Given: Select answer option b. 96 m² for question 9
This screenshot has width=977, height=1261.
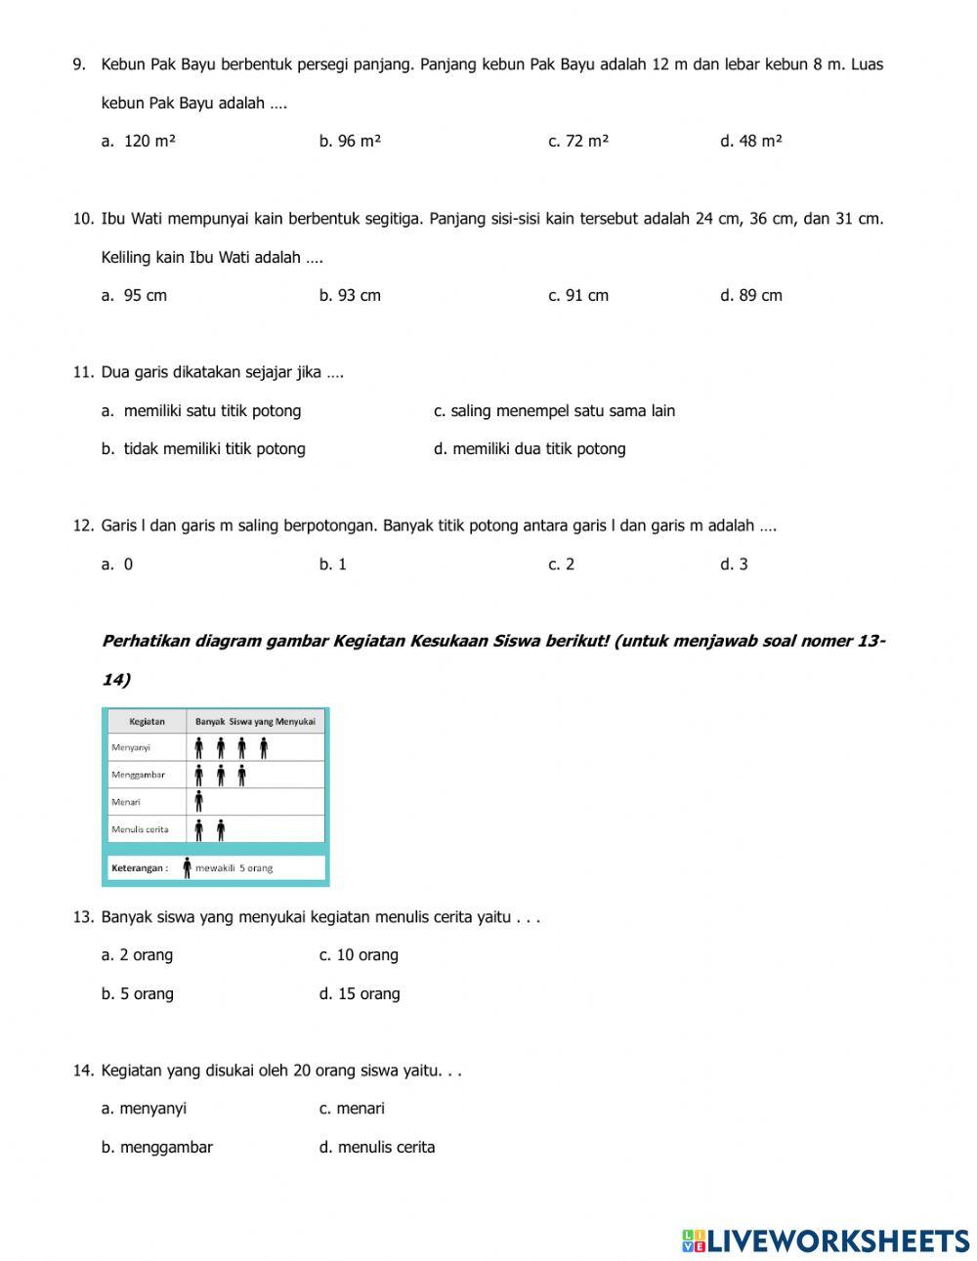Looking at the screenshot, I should pos(350,141).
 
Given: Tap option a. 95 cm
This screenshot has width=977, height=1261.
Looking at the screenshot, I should pos(134,295).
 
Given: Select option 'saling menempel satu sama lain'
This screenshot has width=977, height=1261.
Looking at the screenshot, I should pos(554,410).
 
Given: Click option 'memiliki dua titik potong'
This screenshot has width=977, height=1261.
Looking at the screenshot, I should pos(530,448).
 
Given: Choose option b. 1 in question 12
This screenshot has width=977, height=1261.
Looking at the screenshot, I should pos(333,564).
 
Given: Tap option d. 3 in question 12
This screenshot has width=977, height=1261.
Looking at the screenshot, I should pos(734,564).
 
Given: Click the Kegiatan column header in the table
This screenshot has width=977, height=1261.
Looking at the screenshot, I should pos(147,722).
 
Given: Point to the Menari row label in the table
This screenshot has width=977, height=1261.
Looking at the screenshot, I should pos(126,802).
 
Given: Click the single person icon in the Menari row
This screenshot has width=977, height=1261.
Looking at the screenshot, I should pos(198,802).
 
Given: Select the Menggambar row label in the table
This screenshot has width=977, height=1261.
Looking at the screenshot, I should pos(138,775).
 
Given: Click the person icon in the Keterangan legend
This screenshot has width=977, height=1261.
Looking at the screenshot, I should pos(187,867).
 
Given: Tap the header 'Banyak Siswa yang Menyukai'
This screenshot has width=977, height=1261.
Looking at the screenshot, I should pos(255,722).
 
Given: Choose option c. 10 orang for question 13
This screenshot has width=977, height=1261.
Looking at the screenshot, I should pos(359,954).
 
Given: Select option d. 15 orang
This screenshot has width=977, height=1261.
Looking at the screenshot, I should pos(360,993).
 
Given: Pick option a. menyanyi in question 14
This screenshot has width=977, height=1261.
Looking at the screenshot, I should pos(144,1108).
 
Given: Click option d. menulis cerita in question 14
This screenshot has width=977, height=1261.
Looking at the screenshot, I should pos(377,1147).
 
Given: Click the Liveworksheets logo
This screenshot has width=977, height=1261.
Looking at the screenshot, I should pos(826,1240).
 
